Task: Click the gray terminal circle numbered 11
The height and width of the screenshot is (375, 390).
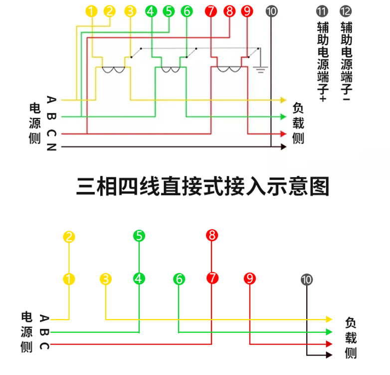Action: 322,11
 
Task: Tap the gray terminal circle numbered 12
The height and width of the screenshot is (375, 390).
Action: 346,11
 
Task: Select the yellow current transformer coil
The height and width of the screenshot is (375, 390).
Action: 114,70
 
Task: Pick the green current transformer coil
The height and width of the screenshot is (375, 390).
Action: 171,70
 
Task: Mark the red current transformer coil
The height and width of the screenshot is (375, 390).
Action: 229,69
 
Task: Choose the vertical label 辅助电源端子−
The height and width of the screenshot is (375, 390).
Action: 346,61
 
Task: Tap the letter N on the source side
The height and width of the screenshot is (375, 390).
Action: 51,147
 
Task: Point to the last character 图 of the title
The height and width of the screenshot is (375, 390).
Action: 320,187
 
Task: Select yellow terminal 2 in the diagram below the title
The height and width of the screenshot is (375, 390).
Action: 69,237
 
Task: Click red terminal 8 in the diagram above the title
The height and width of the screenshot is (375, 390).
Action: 229,11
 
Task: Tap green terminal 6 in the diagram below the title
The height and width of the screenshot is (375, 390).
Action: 179,279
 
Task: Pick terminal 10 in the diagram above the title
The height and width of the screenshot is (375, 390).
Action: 271,11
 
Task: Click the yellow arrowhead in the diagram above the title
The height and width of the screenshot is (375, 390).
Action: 283,100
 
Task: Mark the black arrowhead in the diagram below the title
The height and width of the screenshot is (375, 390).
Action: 329,355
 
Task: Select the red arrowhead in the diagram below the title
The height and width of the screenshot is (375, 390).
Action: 329,344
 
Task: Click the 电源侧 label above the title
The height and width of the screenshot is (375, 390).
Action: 34,123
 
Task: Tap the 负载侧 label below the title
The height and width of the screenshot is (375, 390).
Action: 351,338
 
